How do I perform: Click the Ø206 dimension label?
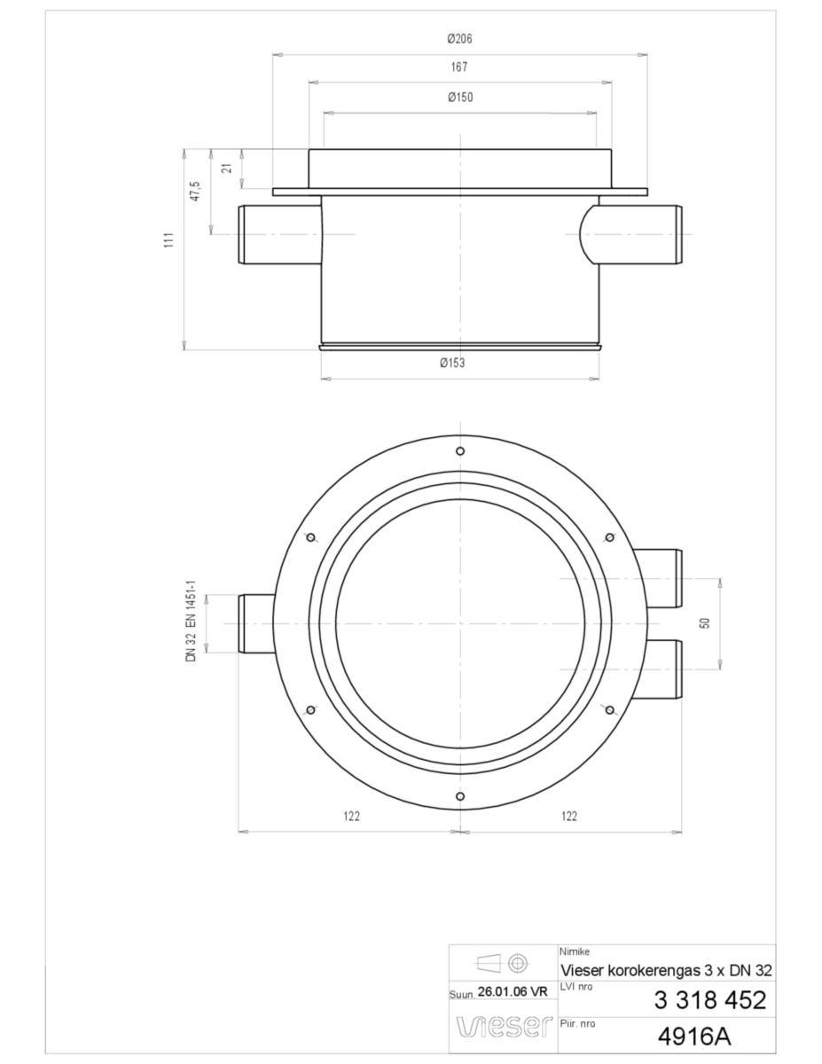tap(459, 39)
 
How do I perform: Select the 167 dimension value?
tap(459, 67)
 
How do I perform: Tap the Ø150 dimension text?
tap(460, 97)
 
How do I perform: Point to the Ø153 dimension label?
tap(452, 363)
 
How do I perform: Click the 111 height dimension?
tap(168, 240)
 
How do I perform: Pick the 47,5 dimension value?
tap(195, 191)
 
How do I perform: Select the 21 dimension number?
tap(226, 168)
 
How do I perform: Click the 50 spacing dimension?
tap(705, 622)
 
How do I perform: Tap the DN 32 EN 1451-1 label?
tap(191, 621)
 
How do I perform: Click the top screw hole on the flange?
tap(459, 451)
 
